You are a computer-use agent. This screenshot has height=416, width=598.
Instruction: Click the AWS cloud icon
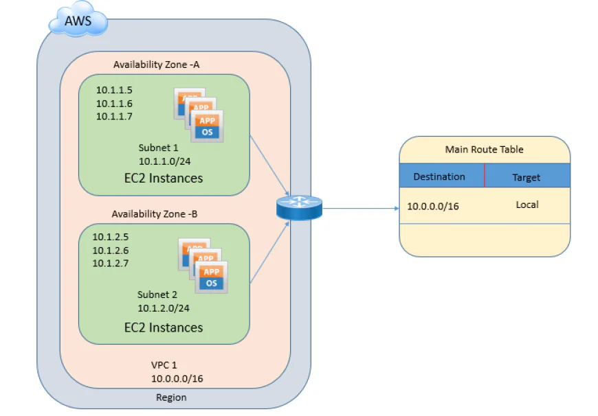tap(77, 21)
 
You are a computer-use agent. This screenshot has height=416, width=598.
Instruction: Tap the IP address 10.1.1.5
tap(114, 90)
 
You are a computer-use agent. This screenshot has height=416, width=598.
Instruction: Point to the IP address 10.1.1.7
tap(114, 116)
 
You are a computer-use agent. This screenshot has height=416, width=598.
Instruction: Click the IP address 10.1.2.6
tap(111, 251)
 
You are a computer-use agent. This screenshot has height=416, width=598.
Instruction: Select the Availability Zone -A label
tap(156, 65)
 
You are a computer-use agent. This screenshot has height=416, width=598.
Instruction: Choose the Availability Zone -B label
tap(155, 214)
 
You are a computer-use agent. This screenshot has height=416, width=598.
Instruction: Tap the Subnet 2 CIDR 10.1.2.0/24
tap(164, 308)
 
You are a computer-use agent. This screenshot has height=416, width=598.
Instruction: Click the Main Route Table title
tap(484, 149)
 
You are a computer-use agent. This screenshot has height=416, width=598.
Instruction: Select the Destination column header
tap(439, 176)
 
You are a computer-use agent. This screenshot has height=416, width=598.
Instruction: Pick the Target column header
tap(526, 177)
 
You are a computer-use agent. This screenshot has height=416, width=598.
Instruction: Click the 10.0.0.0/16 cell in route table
tap(433, 206)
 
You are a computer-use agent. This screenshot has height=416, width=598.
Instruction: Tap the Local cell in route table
tap(527, 205)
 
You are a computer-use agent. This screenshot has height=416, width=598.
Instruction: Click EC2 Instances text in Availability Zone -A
tap(164, 178)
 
